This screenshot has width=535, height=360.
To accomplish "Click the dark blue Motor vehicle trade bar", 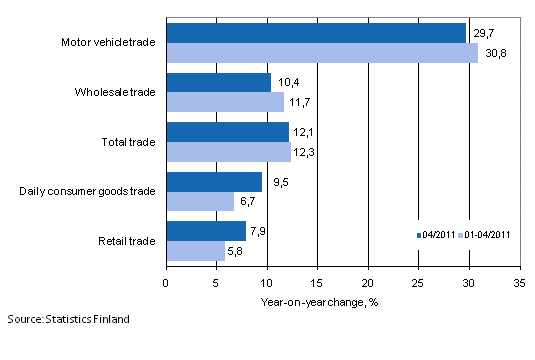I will (316, 33).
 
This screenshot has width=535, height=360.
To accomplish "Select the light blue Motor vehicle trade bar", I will (321, 53).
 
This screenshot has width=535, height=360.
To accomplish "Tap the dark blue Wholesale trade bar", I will (218, 82).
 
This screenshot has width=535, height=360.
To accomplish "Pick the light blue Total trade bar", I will (228, 152).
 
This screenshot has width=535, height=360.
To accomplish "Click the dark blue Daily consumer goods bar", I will (214, 181).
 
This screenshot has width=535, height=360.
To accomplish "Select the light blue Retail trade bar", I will (195, 250).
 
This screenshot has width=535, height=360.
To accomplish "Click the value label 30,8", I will (493, 53).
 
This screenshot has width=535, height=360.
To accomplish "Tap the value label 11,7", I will (300, 102).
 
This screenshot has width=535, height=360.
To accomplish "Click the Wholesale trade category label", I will (115, 92).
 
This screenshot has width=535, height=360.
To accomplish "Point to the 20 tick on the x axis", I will (367, 283).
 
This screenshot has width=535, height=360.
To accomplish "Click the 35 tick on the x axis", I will (518, 283).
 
